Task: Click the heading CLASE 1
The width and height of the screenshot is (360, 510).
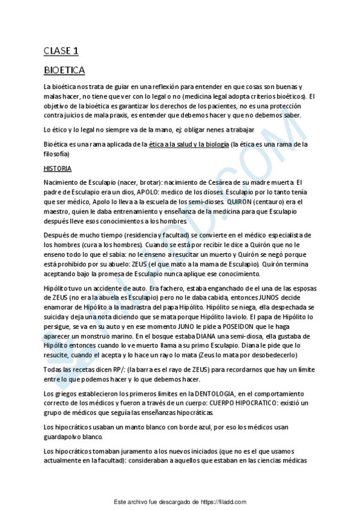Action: (61, 51)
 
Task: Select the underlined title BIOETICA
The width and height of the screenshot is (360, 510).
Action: (64, 70)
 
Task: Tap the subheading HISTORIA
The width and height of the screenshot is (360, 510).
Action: (58, 168)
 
